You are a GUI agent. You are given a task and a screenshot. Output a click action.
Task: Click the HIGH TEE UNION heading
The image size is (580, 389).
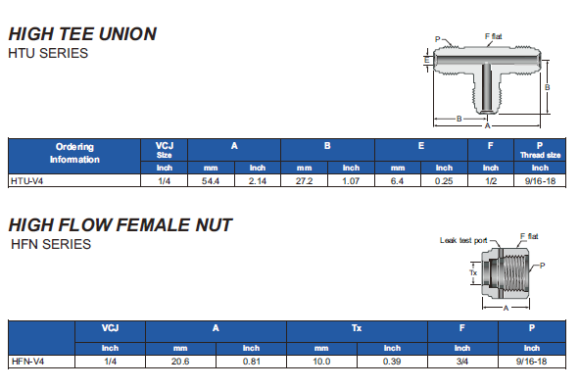click(x=82, y=34)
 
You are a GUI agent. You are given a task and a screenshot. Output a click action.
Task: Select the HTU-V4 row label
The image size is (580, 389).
click(x=27, y=181)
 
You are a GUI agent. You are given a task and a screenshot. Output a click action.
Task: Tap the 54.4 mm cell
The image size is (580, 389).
click(x=211, y=181)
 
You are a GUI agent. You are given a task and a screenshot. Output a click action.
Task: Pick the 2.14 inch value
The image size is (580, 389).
click(x=258, y=181)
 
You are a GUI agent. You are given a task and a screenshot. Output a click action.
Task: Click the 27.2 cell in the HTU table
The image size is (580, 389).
click(x=304, y=181)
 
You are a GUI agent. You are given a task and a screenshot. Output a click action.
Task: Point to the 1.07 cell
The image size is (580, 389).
click(x=351, y=181)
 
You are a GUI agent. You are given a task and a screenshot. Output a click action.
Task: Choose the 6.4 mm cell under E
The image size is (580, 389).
click(x=397, y=181)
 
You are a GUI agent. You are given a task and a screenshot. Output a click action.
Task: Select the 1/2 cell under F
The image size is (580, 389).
click(x=491, y=181)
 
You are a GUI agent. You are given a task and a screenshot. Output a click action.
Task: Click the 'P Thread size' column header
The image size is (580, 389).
click(x=540, y=150)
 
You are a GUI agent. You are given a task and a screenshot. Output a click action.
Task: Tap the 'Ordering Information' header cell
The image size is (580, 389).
click(x=74, y=153)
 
